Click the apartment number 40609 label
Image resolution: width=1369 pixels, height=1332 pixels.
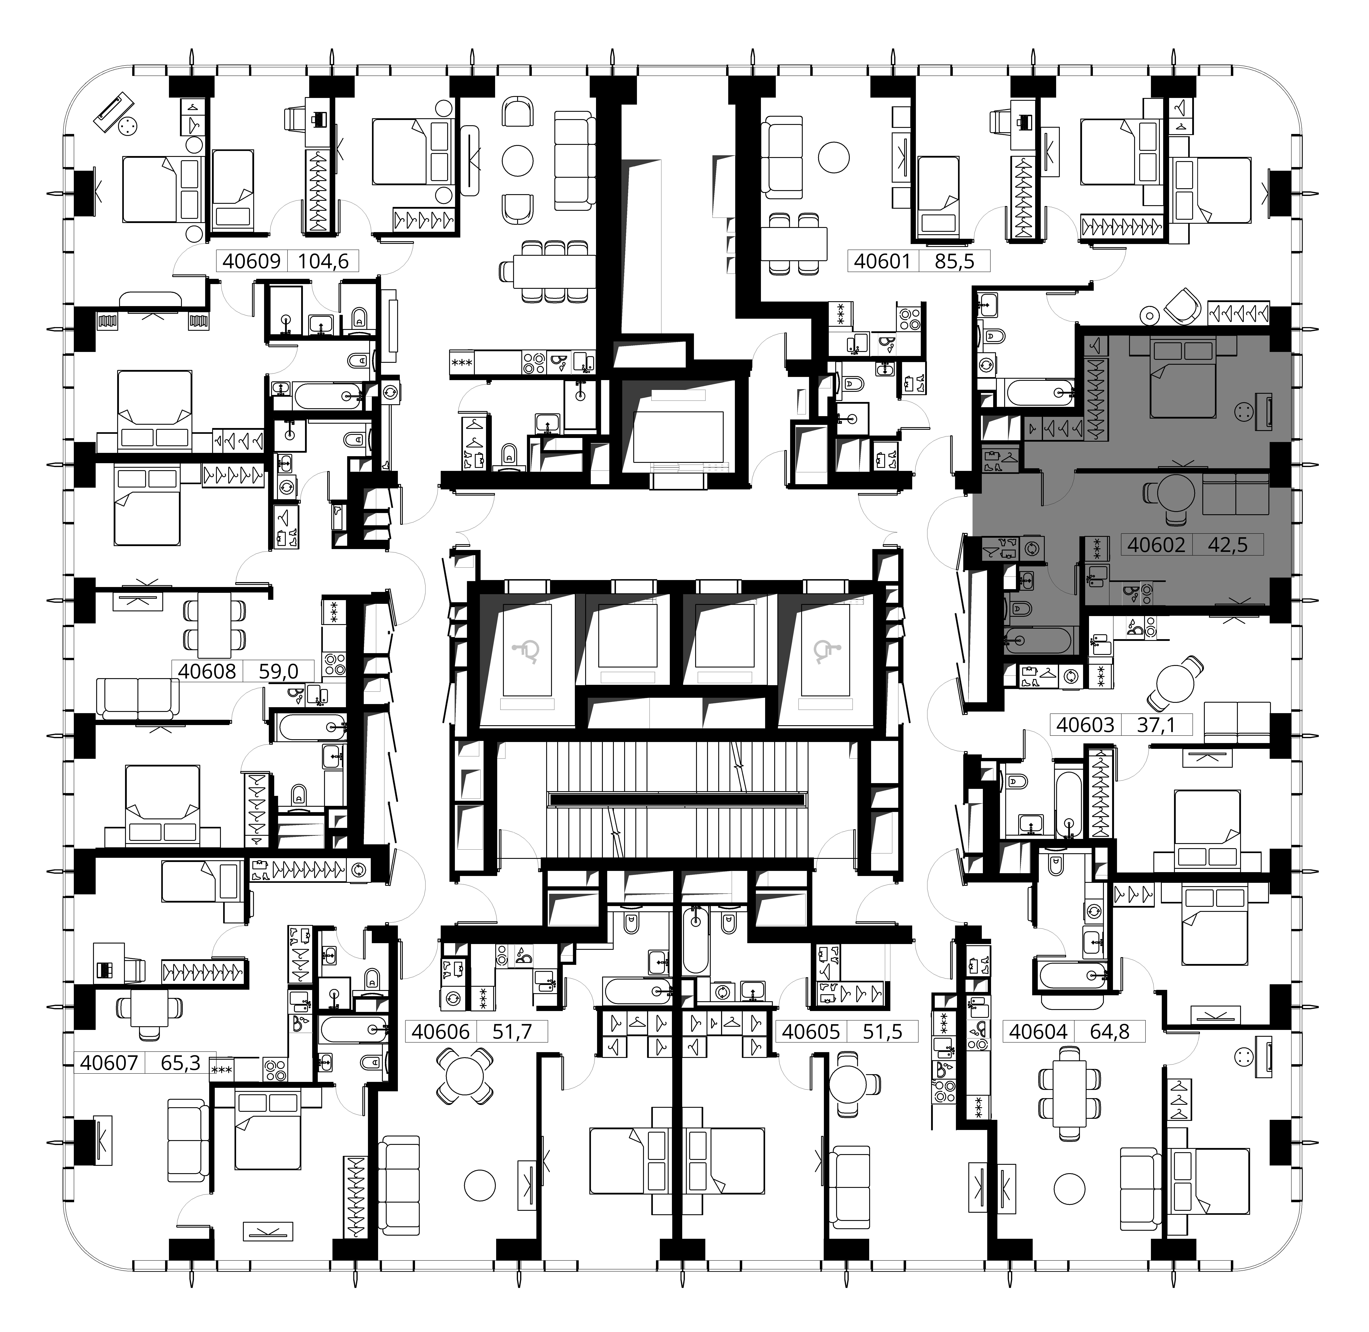[251, 262]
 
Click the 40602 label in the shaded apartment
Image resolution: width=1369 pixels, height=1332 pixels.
[1156, 545]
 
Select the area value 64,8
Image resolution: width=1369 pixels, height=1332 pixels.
[1110, 1031]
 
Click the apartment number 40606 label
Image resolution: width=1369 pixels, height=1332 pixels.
[441, 1031]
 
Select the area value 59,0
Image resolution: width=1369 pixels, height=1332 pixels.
[278, 672]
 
